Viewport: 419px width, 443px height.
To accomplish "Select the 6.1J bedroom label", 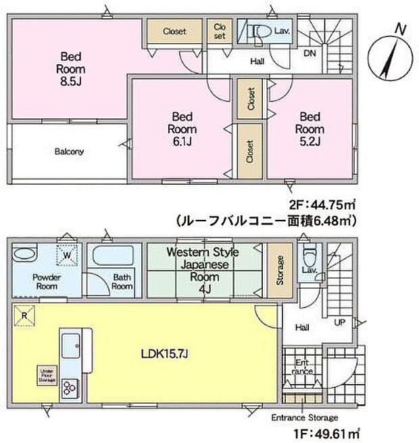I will click(182, 129).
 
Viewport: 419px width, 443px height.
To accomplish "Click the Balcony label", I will click(69, 151).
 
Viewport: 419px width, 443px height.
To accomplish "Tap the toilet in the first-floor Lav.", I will click(309, 257).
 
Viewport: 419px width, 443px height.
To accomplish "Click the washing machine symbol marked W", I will click(68, 256).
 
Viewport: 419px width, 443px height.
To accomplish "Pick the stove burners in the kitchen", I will click(70, 388).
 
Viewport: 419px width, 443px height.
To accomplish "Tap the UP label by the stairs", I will click(341, 321).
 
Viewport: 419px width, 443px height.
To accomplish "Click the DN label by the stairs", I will click(310, 53).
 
